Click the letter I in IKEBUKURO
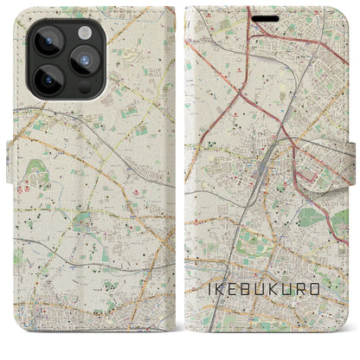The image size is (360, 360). [x=209, y=288]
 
